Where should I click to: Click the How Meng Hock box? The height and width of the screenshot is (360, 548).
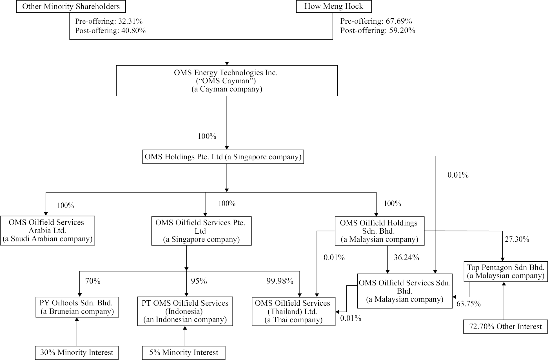pos(334,6)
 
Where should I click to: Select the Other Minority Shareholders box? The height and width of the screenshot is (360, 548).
pos(71,6)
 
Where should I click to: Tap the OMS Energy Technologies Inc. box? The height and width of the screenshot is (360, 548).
pos(227,81)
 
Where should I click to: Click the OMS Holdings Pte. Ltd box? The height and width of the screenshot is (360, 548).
pos(223,157)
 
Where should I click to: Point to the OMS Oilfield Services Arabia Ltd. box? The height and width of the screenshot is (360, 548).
pos(47,231)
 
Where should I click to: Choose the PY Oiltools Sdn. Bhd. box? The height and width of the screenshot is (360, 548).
pos(77,307)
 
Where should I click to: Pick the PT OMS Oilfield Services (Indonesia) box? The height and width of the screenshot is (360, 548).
pos(185,311)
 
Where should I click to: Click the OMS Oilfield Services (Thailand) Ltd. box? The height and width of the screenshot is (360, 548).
pos(293,311)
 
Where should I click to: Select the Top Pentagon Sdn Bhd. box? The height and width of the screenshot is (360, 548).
pos(506,271)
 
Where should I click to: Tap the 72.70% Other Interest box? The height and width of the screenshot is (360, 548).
pos(505,327)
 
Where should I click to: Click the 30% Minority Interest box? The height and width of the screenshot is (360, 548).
pos(77,353)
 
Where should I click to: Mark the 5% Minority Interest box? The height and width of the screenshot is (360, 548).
pos(184,353)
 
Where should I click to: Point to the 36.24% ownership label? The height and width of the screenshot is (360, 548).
pos(406,258)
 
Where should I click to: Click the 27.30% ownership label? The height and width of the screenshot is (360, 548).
pos(517,239)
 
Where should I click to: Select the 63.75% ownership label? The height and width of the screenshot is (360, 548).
pos(468,304)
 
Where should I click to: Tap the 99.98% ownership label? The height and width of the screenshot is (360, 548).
pos(280,281)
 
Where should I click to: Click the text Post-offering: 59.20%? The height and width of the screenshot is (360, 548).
pos(378,30)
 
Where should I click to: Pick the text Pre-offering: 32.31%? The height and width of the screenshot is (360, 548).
pos(109,21)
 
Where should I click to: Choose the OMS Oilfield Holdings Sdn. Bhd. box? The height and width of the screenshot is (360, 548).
pos(379,231)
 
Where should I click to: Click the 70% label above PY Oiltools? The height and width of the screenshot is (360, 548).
pos(93,281)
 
